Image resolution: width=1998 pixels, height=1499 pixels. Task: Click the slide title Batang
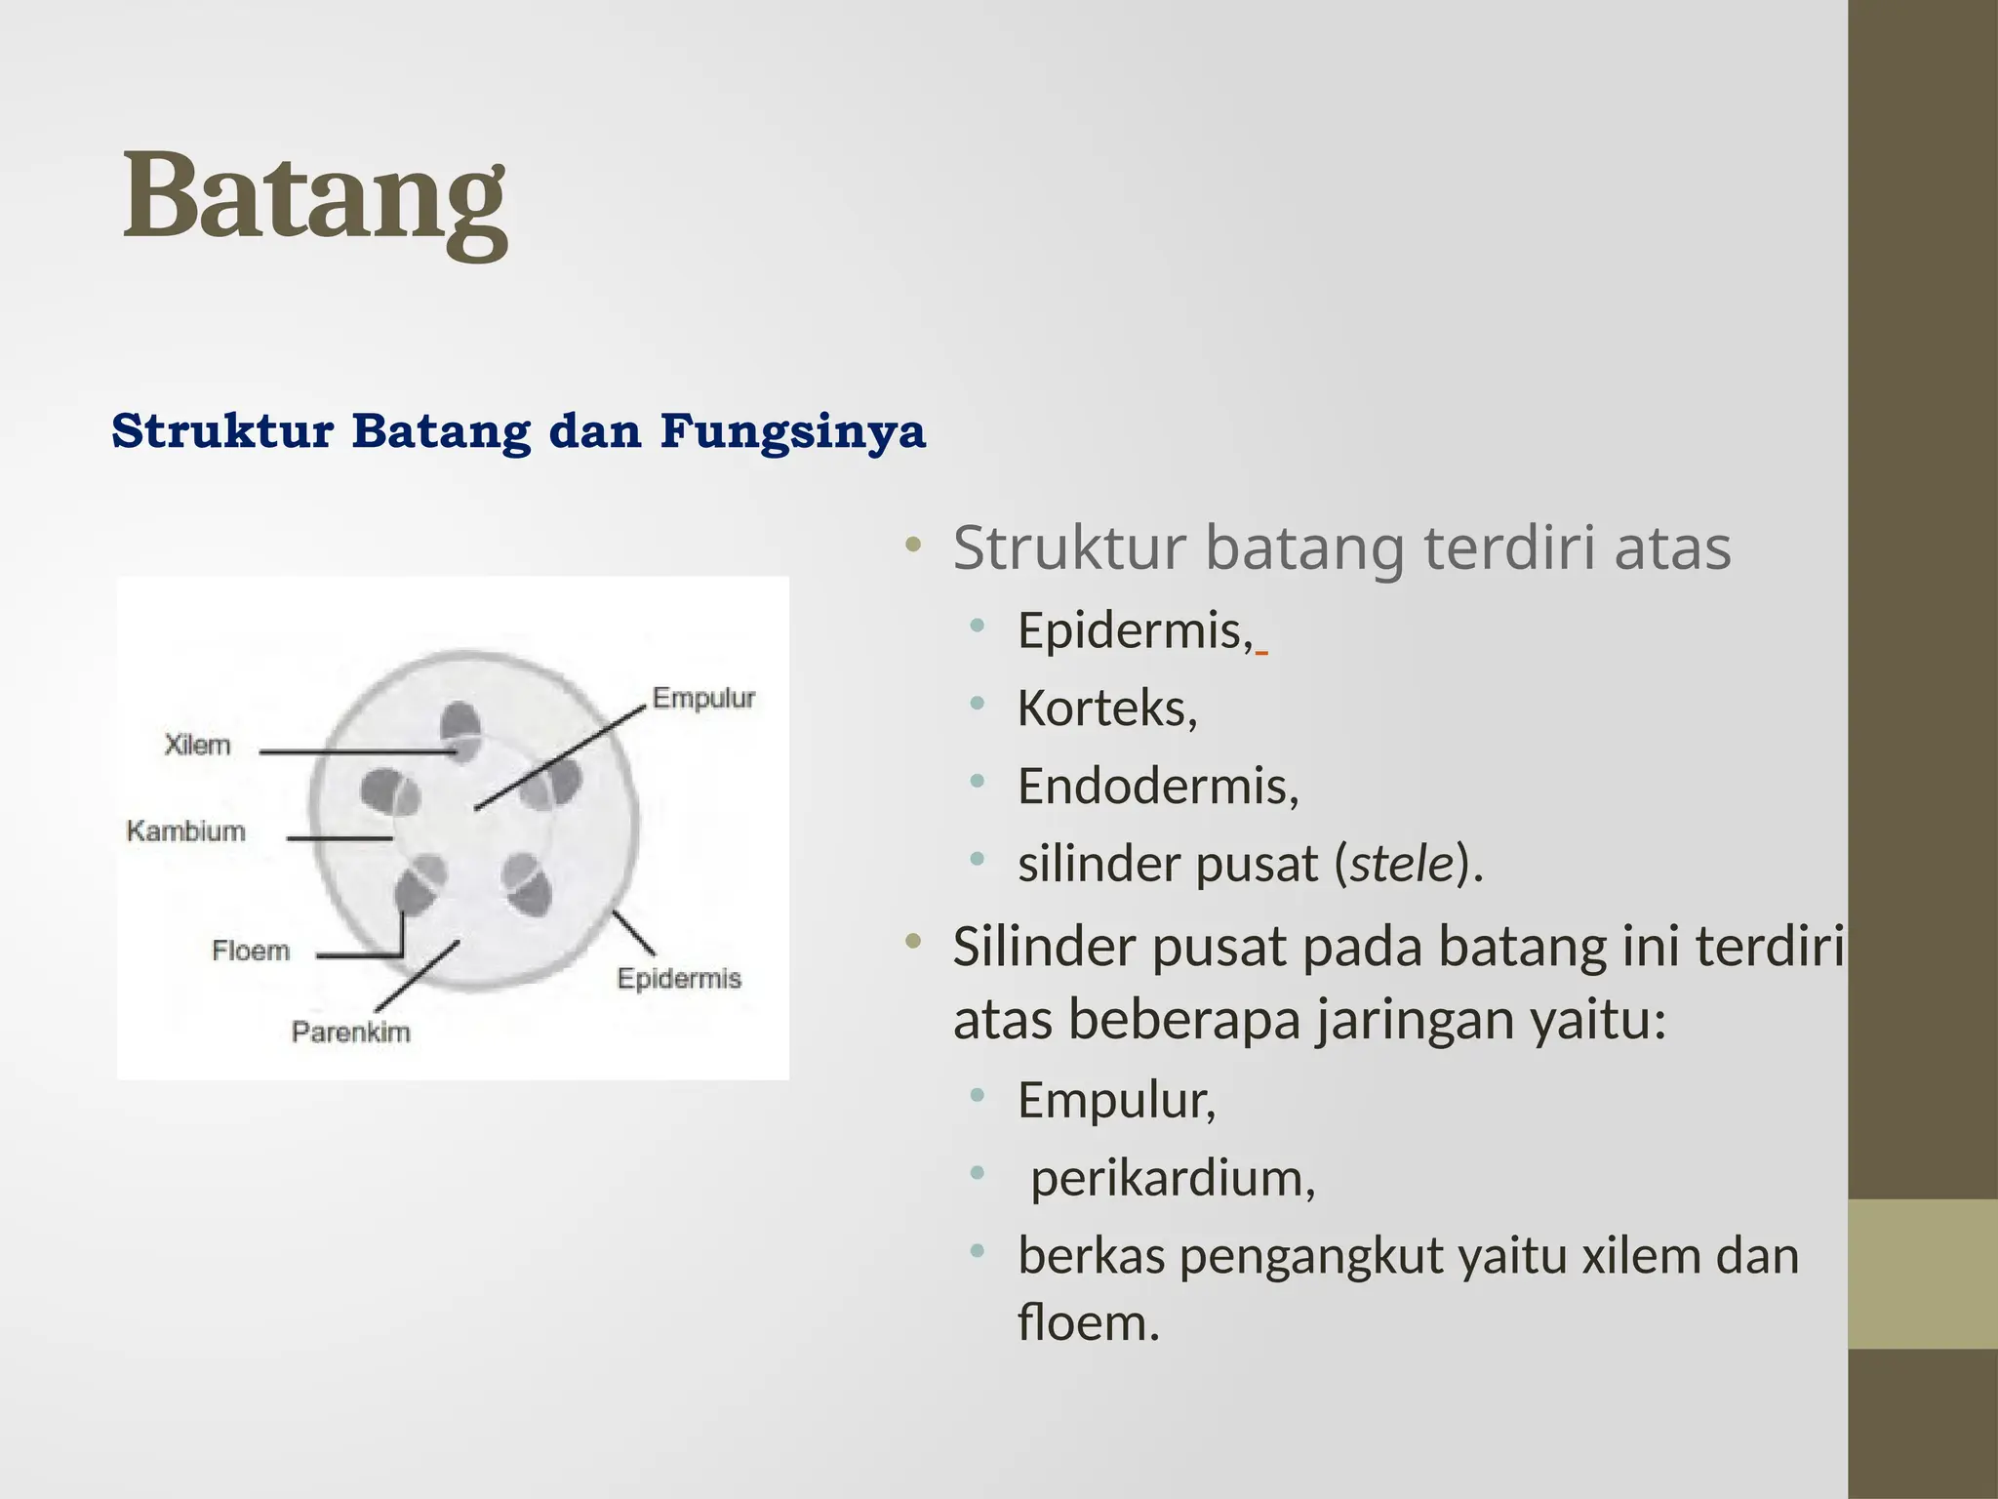point(314,198)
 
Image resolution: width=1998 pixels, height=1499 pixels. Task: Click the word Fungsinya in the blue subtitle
point(792,431)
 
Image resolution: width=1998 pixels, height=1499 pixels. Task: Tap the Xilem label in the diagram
point(198,746)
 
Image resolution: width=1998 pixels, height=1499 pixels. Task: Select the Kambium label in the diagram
point(186,831)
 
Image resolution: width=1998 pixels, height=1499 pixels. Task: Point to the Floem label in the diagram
point(251,951)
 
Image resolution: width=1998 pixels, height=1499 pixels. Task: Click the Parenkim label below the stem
point(350,1033)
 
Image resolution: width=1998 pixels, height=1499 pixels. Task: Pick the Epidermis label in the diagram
point(679,979)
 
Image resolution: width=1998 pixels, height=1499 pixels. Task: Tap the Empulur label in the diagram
point(703,699)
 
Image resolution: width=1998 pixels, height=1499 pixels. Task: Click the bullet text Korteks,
point(1106,709)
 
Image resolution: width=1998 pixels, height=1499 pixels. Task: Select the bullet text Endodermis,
point(1158,787)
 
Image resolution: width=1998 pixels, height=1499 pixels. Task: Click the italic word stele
point(1402,865)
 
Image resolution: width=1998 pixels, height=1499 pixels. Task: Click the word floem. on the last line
point(1088,1323)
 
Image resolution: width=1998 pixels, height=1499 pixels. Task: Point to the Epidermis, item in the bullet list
point(1135,630)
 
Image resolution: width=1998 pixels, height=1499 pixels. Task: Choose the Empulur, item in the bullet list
point(1116,1101)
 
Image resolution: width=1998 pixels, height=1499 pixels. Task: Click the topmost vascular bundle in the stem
point(460,727)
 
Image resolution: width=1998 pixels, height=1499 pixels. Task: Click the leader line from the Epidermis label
point(633,932)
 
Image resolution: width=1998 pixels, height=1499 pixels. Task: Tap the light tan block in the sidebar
point(1922,1274)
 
